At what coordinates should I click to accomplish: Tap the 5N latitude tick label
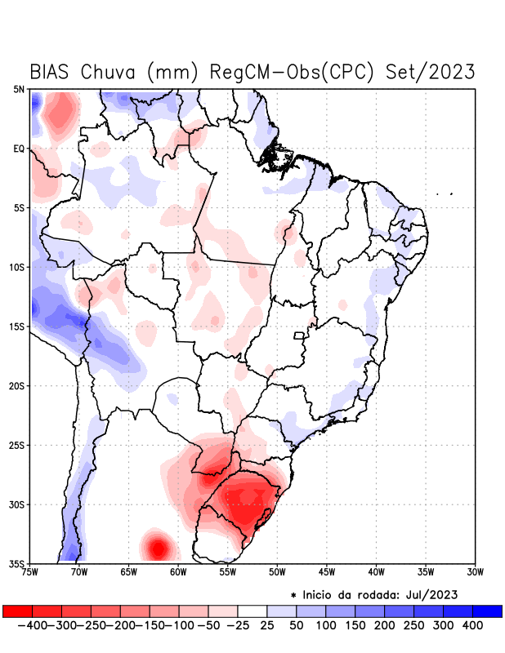(19, 89)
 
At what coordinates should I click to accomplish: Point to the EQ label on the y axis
(19, 149)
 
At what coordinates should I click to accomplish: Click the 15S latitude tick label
(17, 326)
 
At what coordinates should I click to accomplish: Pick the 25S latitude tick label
(17, 445)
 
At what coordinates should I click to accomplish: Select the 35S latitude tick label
(17, 563)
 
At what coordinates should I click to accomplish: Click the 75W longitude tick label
(30, 572)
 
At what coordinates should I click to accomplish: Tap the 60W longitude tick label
(179, 572)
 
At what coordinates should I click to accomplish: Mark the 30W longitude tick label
(476, 572)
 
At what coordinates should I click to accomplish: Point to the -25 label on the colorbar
(238, 625)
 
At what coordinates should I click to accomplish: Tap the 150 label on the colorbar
(355, 625)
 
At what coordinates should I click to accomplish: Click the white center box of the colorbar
(252, 611)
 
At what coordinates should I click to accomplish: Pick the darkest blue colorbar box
(487, 611)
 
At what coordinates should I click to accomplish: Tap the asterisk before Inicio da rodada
(293, 595)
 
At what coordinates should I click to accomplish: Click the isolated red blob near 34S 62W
(156, 545)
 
